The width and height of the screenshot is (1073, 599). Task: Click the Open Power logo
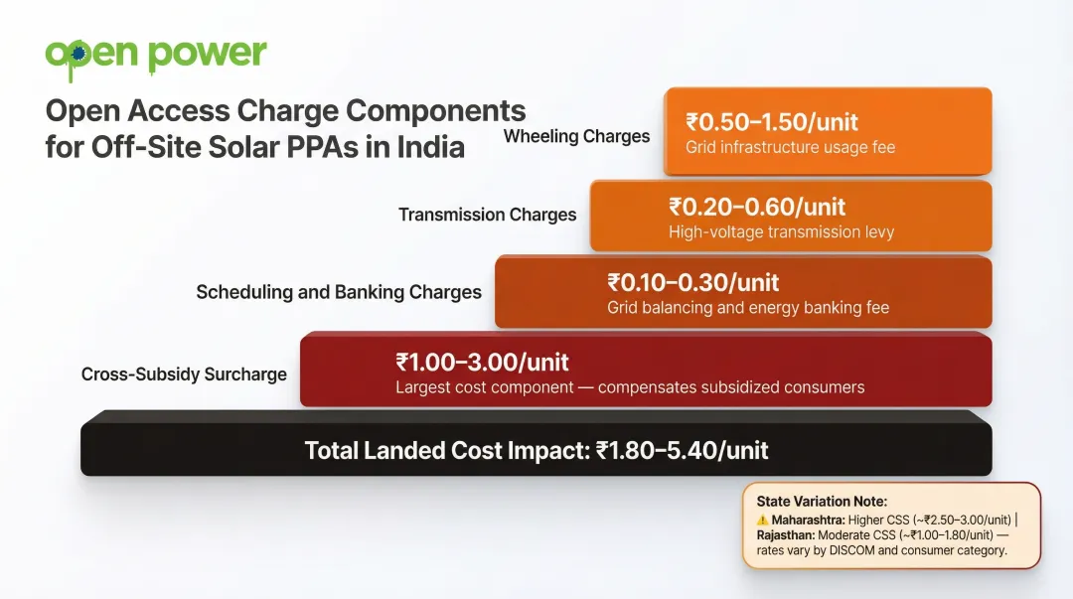[x=156, y=55]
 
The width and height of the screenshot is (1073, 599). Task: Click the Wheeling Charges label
[x=576, y=136]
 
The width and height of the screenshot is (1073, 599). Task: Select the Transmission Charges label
[x=487, y=215]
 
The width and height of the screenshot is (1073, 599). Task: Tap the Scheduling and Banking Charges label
[x=338, y=292]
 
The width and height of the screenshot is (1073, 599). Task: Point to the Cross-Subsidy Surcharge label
[x=184, y=374]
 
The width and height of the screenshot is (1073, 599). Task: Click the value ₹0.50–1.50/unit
[x=772, y=123]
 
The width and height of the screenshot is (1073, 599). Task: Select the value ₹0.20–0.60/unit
[x=757, y=207]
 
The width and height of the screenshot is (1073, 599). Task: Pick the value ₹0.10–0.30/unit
[x=693, y=282]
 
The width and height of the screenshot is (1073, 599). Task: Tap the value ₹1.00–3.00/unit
[x=483, y=362]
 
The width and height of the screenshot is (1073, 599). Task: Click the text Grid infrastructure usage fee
[x=790, y=148]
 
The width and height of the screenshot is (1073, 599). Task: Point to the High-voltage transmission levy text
[x=781, y=232]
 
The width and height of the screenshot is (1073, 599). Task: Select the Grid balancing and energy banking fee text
[x=748, y=308]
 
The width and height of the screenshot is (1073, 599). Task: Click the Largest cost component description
[x=630, y=387]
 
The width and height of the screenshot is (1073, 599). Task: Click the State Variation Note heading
[x=822, y=502]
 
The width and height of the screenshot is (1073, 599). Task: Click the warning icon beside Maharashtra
[x=762, y=520]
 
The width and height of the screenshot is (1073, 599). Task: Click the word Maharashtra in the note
[x=806, y=520]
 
